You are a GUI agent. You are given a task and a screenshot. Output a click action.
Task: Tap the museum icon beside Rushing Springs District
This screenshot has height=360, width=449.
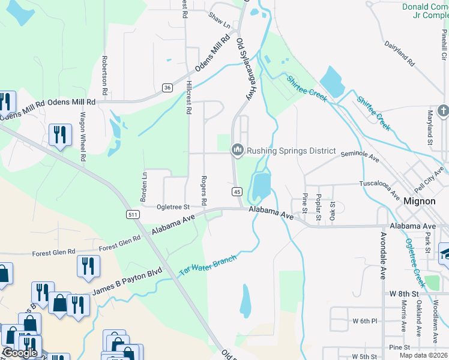[237, 150]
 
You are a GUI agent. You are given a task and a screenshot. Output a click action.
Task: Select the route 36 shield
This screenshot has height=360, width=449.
[167, 88]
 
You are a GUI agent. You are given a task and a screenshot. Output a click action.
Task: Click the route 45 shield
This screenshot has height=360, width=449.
[237, 191]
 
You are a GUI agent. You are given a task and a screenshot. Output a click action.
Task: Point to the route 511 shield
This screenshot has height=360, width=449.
[133, 214]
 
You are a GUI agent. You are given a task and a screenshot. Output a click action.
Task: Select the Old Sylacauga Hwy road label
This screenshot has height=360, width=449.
[244, 70]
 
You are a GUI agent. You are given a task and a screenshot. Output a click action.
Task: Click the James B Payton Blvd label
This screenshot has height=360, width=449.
[127, 281]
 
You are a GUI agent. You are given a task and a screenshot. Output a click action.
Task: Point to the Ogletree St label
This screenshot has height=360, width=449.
[173, 207]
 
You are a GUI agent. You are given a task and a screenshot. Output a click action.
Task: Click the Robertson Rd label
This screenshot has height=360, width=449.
[104, 76]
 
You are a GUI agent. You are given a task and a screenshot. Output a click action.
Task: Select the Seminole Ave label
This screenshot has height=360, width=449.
[360, 157]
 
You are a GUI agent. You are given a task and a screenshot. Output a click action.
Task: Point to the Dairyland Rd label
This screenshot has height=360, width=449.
[399, 53]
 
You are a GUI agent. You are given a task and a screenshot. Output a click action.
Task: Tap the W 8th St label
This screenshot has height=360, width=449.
[403, 293]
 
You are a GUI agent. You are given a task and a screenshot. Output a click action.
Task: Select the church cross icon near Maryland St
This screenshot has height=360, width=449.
[443, 111]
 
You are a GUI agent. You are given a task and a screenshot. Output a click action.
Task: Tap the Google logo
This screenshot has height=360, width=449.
[20, 352]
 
